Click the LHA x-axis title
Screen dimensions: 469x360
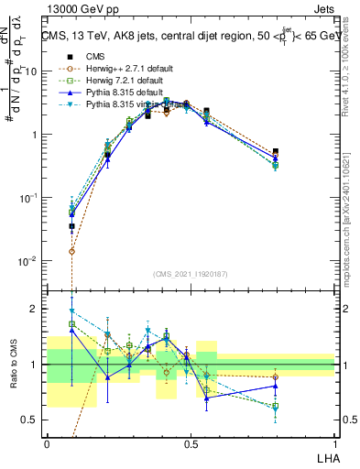pyautogui.click(x=325, y=456)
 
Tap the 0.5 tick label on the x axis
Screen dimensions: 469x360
pyautogui.click(x=191, y=443)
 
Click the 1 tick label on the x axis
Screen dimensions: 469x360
pyautogui.click(x=334, y=443)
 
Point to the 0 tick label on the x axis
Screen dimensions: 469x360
pyautogui.click(x=47, y=443)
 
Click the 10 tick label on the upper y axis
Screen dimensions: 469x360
pyautogui.click(x=33, y=71)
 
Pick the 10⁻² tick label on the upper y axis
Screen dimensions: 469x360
pyautogui.click(x=31, y=261)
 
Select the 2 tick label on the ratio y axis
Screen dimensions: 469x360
pyautogui.click(x=37, y=310)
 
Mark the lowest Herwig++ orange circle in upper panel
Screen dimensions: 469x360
pyautogui.click(x=72, y=251)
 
